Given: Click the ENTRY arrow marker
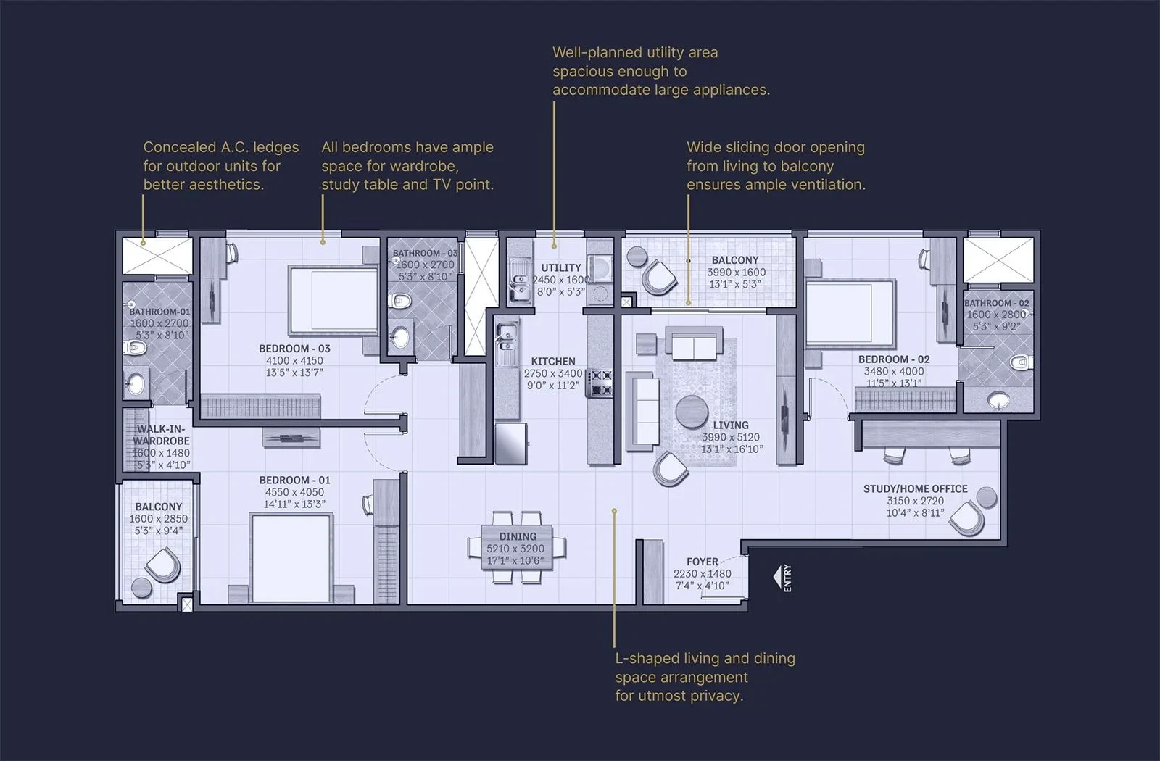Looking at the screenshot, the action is [x=777, y=577].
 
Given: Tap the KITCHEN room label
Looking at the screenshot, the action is [x=553, y=362].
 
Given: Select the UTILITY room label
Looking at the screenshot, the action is [x=561, y=267].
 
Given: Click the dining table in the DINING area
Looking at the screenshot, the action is [x=517, y=547].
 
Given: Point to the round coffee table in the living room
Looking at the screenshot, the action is [x=692, y=412].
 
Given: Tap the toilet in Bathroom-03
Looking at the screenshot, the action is [x=399, y=300].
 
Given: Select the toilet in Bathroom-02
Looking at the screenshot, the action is [x=1021, y=362].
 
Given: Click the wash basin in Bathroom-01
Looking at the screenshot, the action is [x=136, y=383].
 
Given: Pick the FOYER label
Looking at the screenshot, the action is [x=703, y=562].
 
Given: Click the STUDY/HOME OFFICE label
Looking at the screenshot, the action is [x=915, y=488].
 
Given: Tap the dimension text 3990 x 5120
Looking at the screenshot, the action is [x=730, y=437].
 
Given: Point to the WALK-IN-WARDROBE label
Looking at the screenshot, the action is [x=161, y=435].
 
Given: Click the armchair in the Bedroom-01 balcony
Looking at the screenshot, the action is [x=164, y=565].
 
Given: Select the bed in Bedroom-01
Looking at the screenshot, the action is [x=291, y=558].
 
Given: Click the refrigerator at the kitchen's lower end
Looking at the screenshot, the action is [x=511, y=443].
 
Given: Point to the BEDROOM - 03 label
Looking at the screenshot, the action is [x=294, y=349].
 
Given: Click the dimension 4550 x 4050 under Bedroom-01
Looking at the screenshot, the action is [x=294, y=492].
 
